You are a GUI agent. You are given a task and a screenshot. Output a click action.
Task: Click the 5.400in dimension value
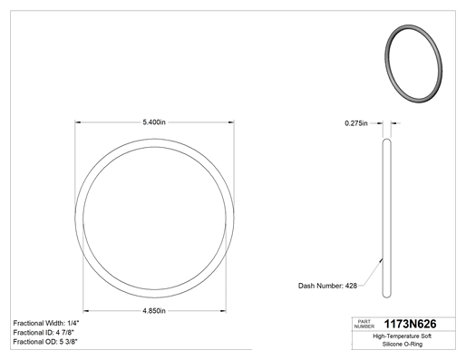click(154, 122)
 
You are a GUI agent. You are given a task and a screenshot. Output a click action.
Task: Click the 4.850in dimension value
click(154, 311)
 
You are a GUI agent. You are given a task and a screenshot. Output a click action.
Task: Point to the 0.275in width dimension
click(356, 123)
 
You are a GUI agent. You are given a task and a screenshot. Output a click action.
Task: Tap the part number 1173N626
click(410, 324)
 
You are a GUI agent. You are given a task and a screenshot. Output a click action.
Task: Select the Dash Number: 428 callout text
click(327, 286)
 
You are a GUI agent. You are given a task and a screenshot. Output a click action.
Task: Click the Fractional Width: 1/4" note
click(46, 323)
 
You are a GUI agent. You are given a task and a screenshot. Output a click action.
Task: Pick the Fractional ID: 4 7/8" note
click(44, 333)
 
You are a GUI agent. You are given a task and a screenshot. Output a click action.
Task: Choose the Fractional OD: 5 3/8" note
click(45, 342)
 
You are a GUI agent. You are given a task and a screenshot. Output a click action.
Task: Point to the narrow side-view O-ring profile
click(386, 219)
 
